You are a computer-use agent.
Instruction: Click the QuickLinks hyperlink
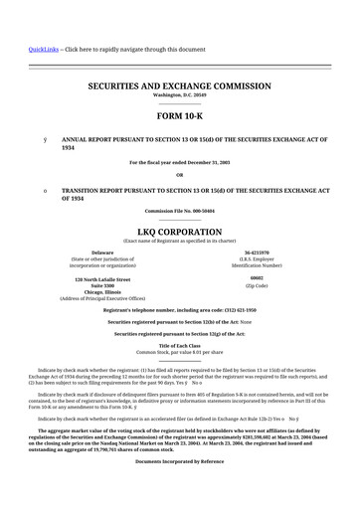(42, 49)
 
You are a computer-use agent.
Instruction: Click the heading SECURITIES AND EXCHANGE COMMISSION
(180, 87)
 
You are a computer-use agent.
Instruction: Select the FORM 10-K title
(180, 116)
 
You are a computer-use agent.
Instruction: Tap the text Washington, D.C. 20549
(180, 97)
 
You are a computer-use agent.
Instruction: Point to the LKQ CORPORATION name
(180, 230)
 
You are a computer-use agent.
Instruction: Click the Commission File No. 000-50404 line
(180, 211)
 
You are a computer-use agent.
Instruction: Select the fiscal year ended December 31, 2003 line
(180, 162)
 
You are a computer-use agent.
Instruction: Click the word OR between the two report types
(180, 175)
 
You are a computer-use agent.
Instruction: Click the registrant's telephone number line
(180, 309)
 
